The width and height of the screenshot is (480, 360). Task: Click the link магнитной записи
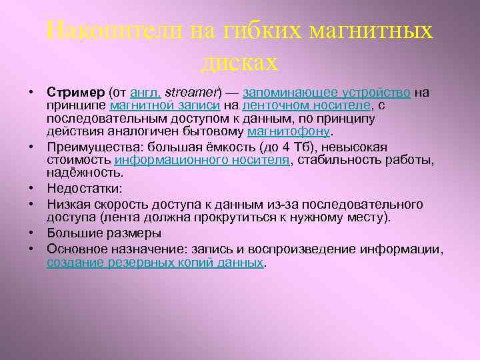pyautogui.click(x=150, y=105)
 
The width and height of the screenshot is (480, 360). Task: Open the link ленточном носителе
pyautogui.click(x=305, y=105)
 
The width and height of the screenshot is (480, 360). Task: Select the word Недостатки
pyautogui.click(x=81, y=189)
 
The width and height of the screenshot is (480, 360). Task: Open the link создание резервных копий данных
pyautogui.click(x=155, y=262)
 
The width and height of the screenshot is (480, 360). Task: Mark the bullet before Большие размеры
pyautogui.click(x=32, y=233)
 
